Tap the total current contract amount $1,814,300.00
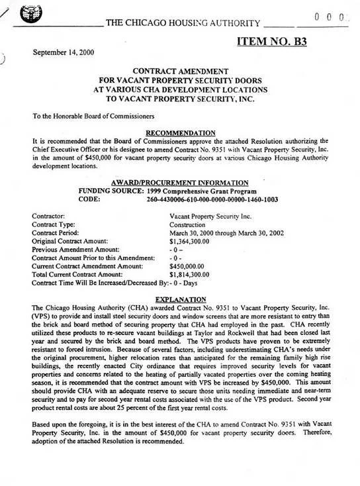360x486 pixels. (191, 273)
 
